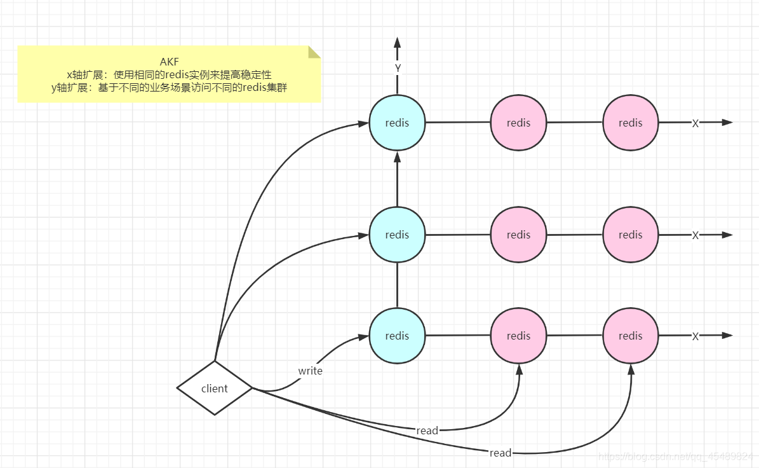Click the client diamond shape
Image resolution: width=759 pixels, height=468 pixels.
coord(215,388)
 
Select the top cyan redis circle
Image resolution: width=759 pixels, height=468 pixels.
coord(397,123)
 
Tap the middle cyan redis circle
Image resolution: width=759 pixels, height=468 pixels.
coord(397,235)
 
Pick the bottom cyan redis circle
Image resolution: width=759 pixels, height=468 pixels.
coord(397,336)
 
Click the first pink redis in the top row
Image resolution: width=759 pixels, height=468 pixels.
coord(518,123)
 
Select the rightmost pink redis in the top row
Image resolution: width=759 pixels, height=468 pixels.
coord(630,123)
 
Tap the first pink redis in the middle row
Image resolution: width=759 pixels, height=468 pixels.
coord(518,235)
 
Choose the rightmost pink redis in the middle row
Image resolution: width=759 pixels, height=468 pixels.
coord(630,235)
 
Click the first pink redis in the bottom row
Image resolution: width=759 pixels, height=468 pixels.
coord(518,336)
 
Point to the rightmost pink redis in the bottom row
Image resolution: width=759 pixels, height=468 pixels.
coord(630,336)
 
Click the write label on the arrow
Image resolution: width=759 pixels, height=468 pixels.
coord(310,371)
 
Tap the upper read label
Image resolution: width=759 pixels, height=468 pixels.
coord(427,430)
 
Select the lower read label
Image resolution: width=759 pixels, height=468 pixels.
coord(500,453)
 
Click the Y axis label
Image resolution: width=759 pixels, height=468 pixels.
coord(398,68)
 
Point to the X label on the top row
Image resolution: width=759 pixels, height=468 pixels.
coord(695,123)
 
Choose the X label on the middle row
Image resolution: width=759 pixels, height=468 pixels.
coord(695,235)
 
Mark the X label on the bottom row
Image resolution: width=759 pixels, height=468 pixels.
coord(695,336)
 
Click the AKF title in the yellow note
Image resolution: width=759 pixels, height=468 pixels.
coord(169,62)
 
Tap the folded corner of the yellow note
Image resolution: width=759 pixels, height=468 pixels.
coord(315,51)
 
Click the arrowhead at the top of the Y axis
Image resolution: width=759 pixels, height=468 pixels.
coord(398,43)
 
